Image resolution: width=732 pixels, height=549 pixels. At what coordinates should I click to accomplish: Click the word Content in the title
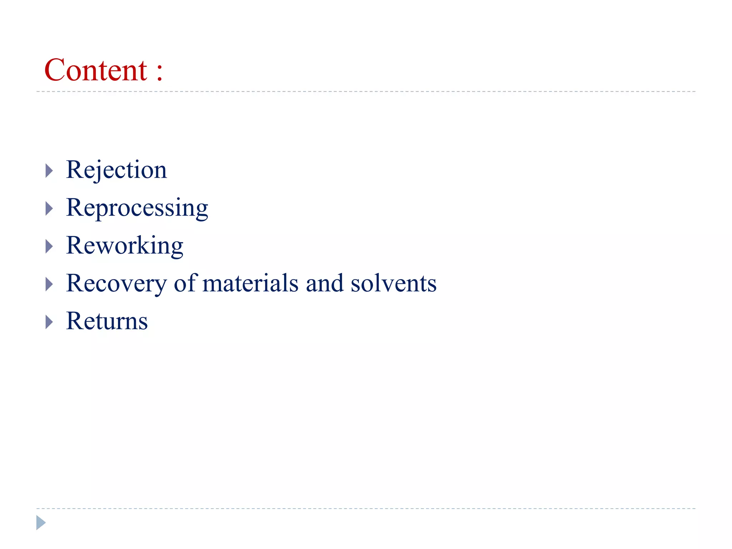tap(95, 70)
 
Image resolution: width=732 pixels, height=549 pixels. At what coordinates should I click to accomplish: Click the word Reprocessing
tap(137, 208)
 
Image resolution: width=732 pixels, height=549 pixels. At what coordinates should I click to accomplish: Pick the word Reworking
tap(124, 246)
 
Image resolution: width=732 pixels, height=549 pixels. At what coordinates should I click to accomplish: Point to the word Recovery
tap(116, 284)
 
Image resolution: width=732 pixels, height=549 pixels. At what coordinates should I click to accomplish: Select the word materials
tap(250, 283)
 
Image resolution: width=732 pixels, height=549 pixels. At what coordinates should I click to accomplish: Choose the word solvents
tap(394, 284)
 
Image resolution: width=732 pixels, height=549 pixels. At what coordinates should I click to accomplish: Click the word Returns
tap(107, 321)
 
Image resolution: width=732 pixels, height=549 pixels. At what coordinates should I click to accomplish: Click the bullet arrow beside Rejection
tap(49, 171)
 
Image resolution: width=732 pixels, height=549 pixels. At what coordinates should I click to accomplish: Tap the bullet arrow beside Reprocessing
tap(49, 208)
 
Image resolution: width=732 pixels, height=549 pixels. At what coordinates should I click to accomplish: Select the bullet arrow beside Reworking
tap(49, 246)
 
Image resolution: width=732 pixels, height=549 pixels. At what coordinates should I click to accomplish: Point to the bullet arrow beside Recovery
tap(49, 284)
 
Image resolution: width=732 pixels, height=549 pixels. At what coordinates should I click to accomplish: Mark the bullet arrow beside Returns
tap(49, 322)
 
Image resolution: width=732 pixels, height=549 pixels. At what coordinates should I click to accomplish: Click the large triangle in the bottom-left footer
tap(40, 523)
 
